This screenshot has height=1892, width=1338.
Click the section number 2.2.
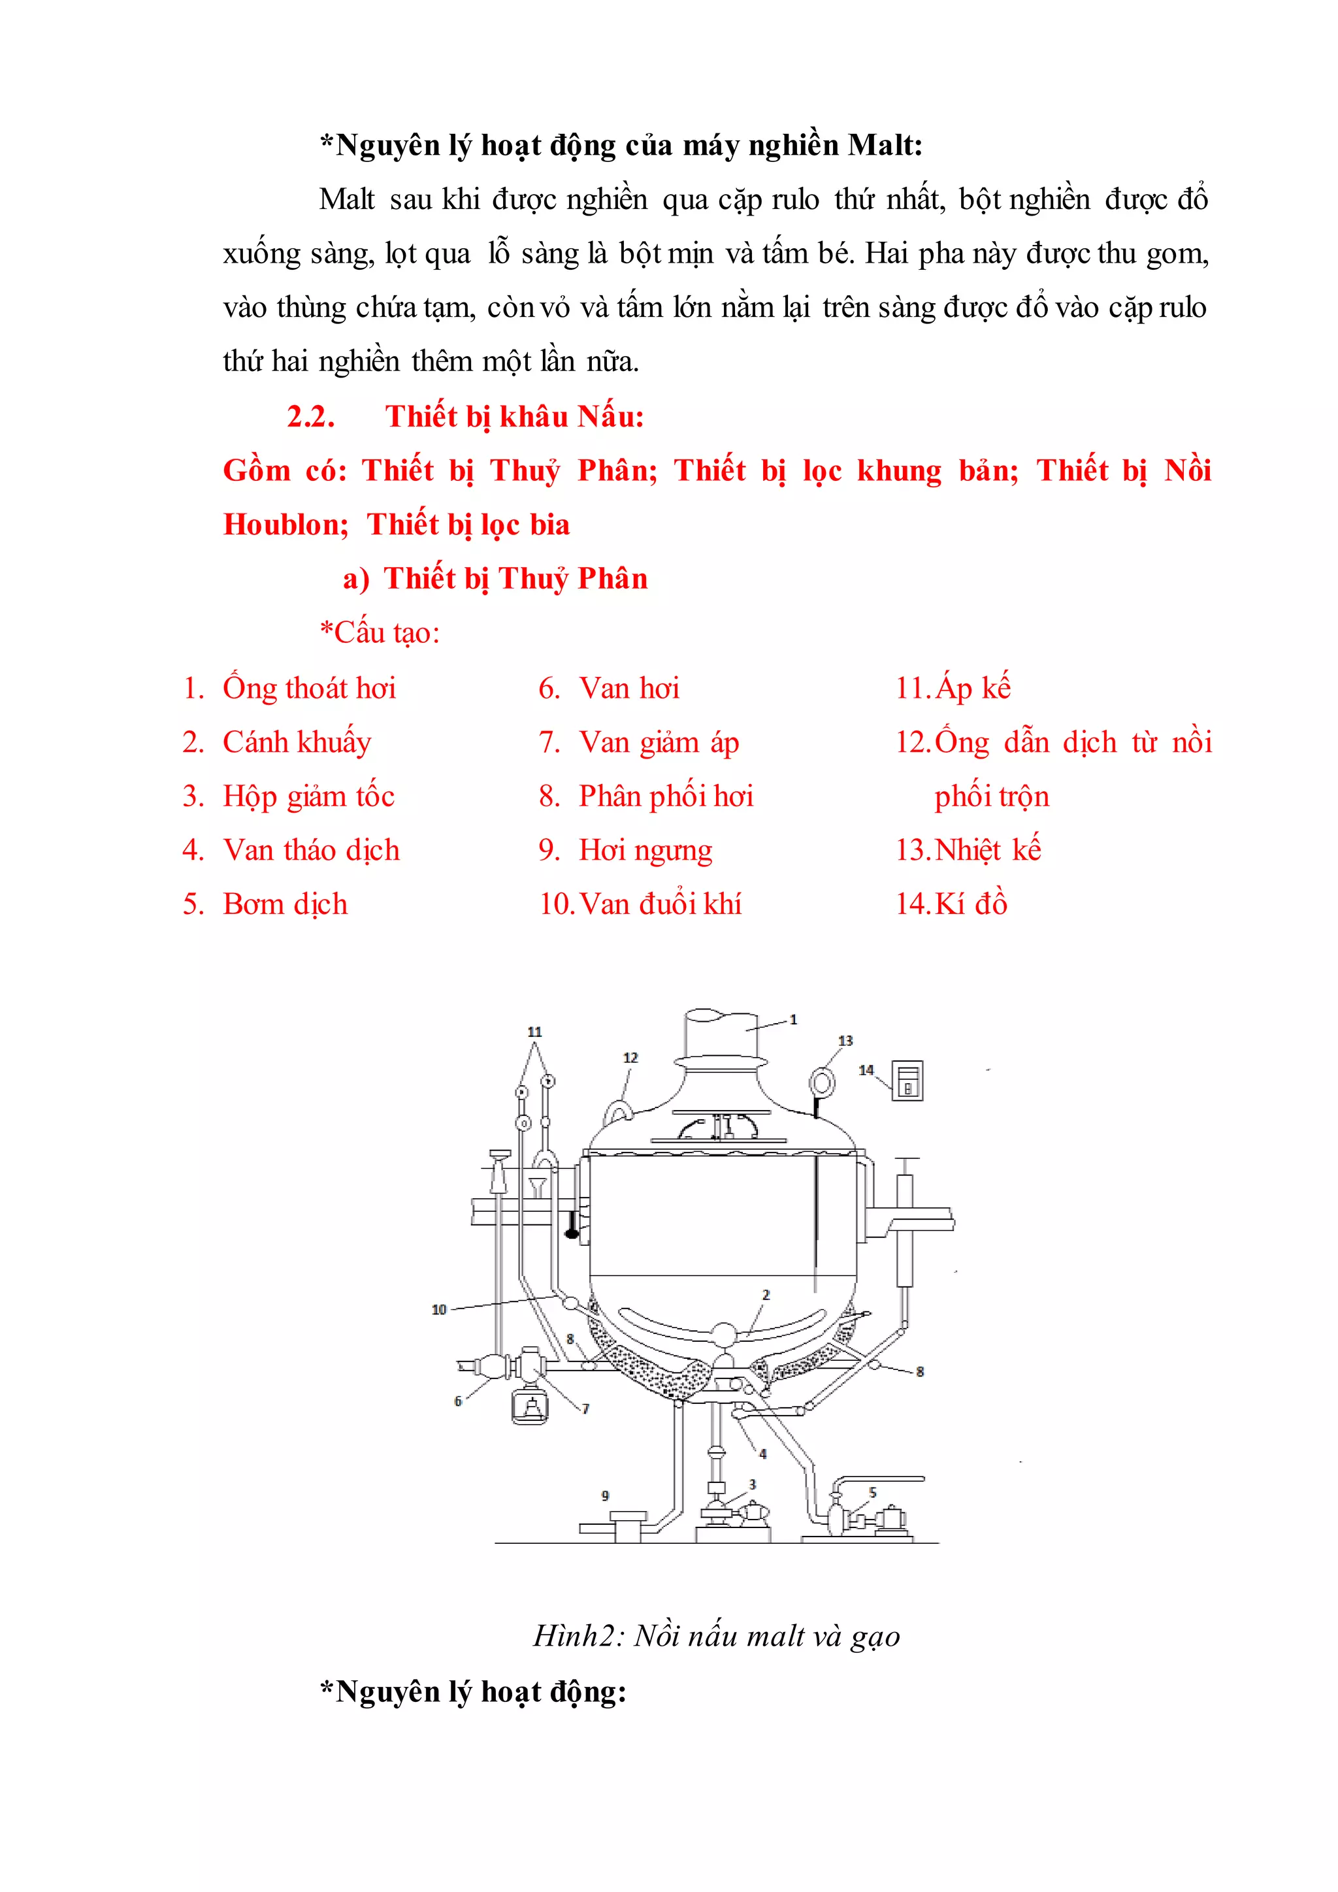coord(310,417)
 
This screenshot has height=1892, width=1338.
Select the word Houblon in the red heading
coord(285,525)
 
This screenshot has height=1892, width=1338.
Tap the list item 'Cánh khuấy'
coord(297,742)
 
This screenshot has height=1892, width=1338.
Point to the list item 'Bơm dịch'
coord(285,904)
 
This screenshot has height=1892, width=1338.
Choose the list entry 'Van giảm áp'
coord(659,742)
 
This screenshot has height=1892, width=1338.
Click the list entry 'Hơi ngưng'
coord(645,851)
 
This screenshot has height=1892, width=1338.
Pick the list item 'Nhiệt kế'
coord(987,851)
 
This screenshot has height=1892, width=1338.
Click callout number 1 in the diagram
coord(793,1019)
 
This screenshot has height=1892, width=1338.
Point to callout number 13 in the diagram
coord(845,1041)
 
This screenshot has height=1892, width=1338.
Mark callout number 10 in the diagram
coord(438,1309)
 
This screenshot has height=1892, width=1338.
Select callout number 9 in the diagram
coord(606,1495)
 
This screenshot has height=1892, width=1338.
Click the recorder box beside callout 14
coord(908,1081)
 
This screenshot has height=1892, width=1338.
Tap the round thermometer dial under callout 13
coord(823,1081)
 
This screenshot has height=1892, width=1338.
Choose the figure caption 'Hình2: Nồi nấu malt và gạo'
coord(717,1636)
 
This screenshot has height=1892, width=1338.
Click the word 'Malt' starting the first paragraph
coord(347,199)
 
